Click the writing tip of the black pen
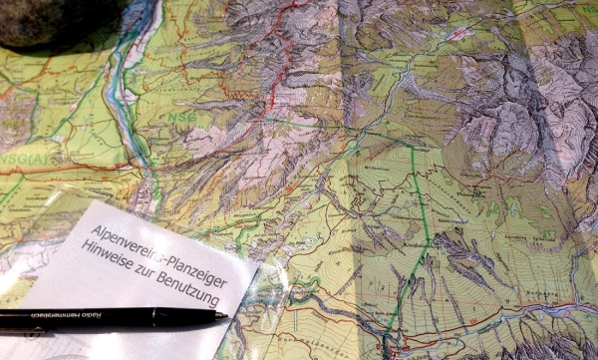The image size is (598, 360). tap(225, 316)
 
